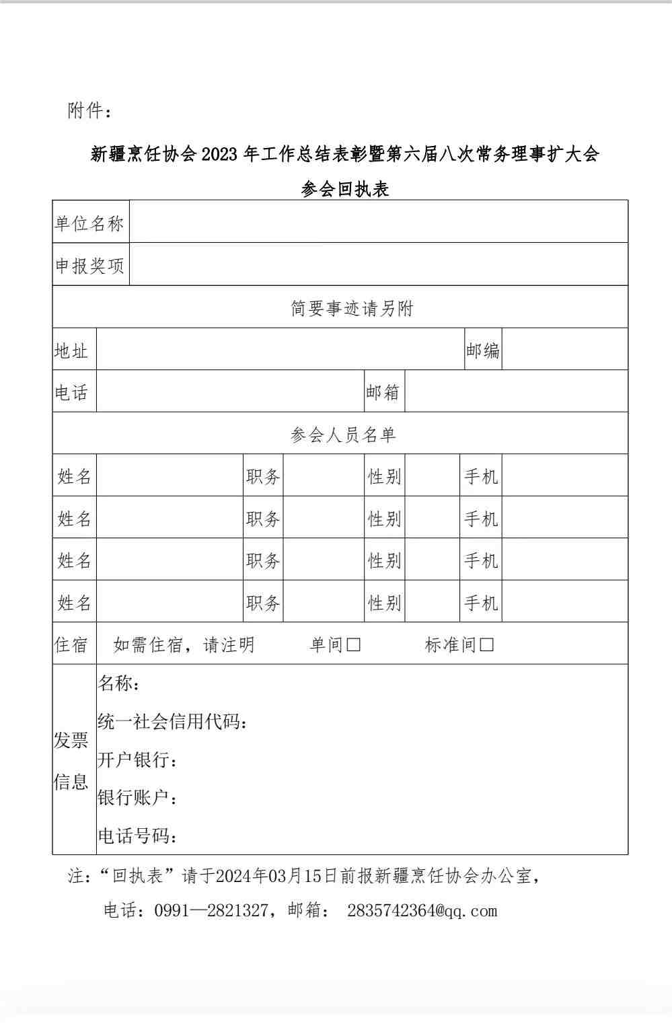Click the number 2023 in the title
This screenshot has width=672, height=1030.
click(x=219, y=155)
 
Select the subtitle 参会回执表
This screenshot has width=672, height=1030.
click(x=345, y=189)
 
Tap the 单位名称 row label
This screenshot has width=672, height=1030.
click(x=89, y=223)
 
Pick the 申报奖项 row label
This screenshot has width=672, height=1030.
click(x=89, y=266)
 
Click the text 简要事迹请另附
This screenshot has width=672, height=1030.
click(x=352, y=308)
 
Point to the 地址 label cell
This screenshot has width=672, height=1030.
click(x=72, y=351)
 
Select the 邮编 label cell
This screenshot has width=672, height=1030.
click(x=482, y=351)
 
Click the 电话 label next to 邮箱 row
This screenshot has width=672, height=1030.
click(x=72, y=392)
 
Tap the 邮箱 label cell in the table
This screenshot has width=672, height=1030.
click(x=383, y=392)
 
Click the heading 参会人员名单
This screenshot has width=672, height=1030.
click(x=343, y=435)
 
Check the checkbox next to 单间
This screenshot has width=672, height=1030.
click(x=354, y=645)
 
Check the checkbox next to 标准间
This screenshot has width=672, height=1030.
click(x=487, y=645)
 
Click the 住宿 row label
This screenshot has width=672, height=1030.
click(x=71, y=645)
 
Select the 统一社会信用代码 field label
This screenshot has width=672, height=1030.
click(x=172, y=722)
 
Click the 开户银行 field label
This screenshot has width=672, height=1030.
click(x=137, y=760)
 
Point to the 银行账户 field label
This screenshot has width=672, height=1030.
click(x=137, y=798)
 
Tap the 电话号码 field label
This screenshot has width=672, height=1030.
click(x=137, y=836)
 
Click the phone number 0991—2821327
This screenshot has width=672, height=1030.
click(x=211, y=910)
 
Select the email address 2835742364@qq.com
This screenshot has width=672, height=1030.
click(x=422, y=910)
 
